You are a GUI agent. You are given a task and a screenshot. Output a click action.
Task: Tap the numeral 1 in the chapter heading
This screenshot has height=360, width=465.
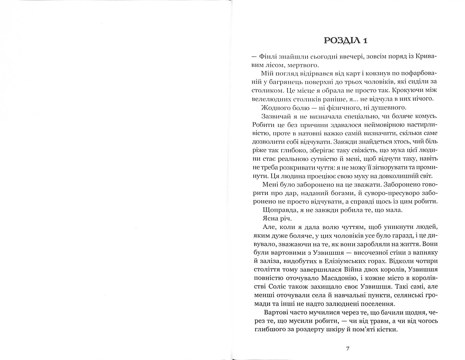coord(365,41)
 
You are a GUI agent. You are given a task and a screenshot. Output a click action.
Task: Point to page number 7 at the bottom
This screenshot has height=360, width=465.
coord(348,348)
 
